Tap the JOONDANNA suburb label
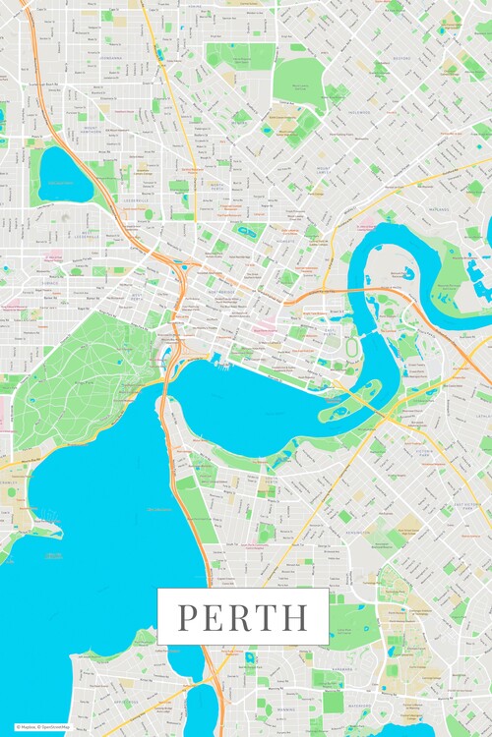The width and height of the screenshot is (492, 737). [x=109, y=57]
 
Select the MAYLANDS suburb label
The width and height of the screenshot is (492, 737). [x=438, y=209]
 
